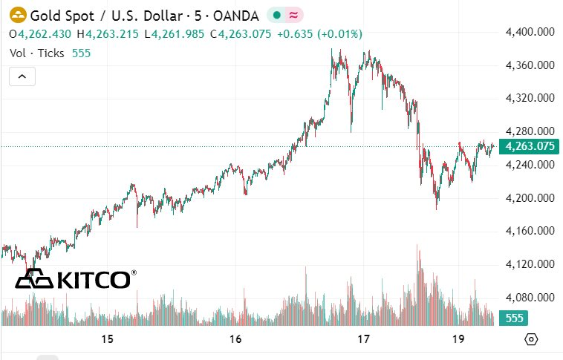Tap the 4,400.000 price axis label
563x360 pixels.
[x=530, y=32]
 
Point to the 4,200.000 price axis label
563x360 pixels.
[x=530, y=198]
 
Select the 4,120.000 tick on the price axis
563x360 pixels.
[x=530, y=264]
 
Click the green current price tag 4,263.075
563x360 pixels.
[x=530, y=146]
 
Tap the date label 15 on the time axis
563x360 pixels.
[x=107, y=339]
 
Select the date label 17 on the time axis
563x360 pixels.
[x=363, y=339]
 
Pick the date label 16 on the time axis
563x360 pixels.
[x=235, y=339]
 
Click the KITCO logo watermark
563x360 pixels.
[x=76, y=279]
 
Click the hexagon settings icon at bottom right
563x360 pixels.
[x=531, y=339]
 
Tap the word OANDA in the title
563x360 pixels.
[x=235, y=15]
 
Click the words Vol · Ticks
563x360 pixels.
[x=37, y=53]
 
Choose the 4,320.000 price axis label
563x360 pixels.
[x=530, y=98]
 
